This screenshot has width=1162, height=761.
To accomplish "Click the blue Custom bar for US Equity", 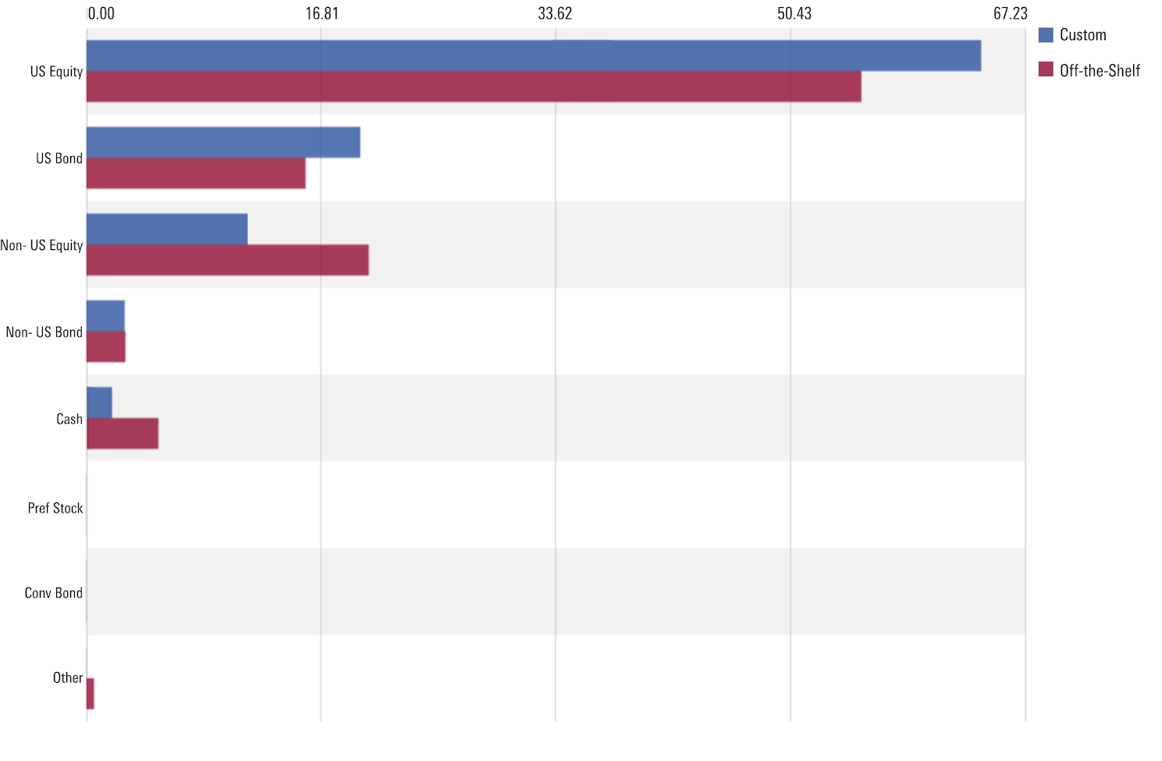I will pyautogui.click(x=533, y=55).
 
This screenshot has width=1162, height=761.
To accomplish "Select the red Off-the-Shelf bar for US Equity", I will pyautogui.click(x=473, y=87).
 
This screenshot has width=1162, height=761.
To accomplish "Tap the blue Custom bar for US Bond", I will pyautogui.click(x=223, y=142).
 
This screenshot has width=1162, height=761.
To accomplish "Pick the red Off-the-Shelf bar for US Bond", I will pyautogui.click(x=196, y=173).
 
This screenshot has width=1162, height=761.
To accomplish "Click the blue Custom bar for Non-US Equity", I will pyautogui.click(x=167, y=229).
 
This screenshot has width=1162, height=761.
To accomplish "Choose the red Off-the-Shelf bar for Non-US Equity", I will pyautogui.click(x=227, y=260).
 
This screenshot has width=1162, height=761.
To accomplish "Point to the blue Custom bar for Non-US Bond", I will pyautogui.click(x=105, y=316).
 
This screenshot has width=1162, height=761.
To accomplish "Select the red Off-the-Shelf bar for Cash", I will pyautogui.click(x=123, y=434).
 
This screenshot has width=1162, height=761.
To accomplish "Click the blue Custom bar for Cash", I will pyautogui.click(x=99, y=402).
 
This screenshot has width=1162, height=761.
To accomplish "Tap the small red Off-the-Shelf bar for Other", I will pyautogui.click(x=91, y=694).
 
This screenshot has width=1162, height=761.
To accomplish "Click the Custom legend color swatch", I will pyautogui.click(x=1046, y=35).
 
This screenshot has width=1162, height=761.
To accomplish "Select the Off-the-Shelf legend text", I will pyautogui.click(x=1100, y=70).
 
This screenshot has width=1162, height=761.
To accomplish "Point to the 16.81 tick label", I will pyautogui.click(x=322, y=13).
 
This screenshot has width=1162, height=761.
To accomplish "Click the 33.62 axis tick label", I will pyautogui.click(x=555, y=13).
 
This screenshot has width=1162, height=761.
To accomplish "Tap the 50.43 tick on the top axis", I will pyautogui.click(x=794, y=13).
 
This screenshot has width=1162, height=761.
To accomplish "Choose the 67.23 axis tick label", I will pyautogui.click(x=1011, y=13).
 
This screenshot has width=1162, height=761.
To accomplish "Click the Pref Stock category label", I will pyautogui.click(x=55, y=508).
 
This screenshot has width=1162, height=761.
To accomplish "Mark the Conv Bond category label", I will pyautogui.click(x=53, y=593).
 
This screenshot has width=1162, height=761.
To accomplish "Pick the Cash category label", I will pyautogui.click(x=69, y=420).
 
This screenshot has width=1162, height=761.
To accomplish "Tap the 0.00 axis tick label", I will pyautogui.click(x=101, y=13).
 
